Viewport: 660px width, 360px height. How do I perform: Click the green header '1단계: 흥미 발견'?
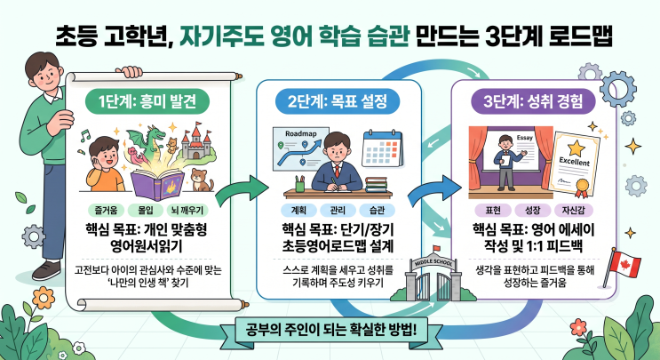point(147,101)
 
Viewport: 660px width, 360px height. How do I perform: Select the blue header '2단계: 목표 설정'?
point(338,102)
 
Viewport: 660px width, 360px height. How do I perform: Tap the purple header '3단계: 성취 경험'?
point(533,101)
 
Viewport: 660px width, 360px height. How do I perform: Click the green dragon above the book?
point(147,139)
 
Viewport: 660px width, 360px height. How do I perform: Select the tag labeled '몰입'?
point(146,210)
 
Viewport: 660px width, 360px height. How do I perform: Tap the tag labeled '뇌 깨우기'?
point(187,210)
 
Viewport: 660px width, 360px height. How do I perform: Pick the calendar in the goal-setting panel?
point(382,148)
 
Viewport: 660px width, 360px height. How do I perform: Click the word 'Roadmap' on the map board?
point(301,134)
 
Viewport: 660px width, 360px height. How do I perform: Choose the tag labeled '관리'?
point(338,210)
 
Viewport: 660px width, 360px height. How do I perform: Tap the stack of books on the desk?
point(376,184)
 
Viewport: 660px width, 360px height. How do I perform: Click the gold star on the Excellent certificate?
point(576,148)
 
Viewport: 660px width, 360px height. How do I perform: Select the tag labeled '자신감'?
point(573,210)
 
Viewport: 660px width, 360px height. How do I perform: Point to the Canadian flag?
point(625,264)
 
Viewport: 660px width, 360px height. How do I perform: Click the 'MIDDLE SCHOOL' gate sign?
point(434,263)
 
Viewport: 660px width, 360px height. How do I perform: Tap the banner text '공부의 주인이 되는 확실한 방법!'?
point(330,329)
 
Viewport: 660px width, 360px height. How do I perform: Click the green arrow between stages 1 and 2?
point(242,190)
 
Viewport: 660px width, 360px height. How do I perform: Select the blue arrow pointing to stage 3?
point(434,190)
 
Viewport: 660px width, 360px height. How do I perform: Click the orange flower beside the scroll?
point(44,298)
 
